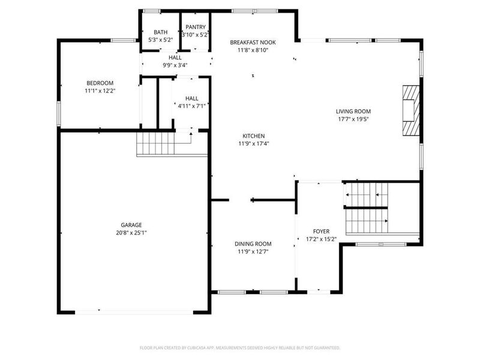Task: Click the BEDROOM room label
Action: click(x=100, y=83)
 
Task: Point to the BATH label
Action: click(x=160, y=32)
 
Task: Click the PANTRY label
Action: click(x=196, y=27)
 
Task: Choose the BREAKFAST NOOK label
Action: click(x=253, y=43)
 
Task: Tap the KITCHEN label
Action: click(x=253, y=136)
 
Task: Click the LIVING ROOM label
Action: click(x=353, y=111)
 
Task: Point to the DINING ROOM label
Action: click(x=253, y=244)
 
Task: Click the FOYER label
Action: click(x=321, y=232)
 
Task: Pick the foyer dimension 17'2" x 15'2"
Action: click(x=321, y=239)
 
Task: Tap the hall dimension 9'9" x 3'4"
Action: click(x=175, y=65)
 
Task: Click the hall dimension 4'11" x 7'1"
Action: click(x=191, y=106)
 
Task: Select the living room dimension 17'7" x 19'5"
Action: click(x=353, y=119)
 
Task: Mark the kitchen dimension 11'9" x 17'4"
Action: click(x=253, y=143)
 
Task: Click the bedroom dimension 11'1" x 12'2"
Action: click(x=100, y=91)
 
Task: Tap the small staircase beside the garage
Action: click(x=155, y=145)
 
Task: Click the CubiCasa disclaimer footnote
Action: click(x=240, y=347)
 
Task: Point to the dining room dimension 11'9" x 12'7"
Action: click(x=253, y=251)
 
